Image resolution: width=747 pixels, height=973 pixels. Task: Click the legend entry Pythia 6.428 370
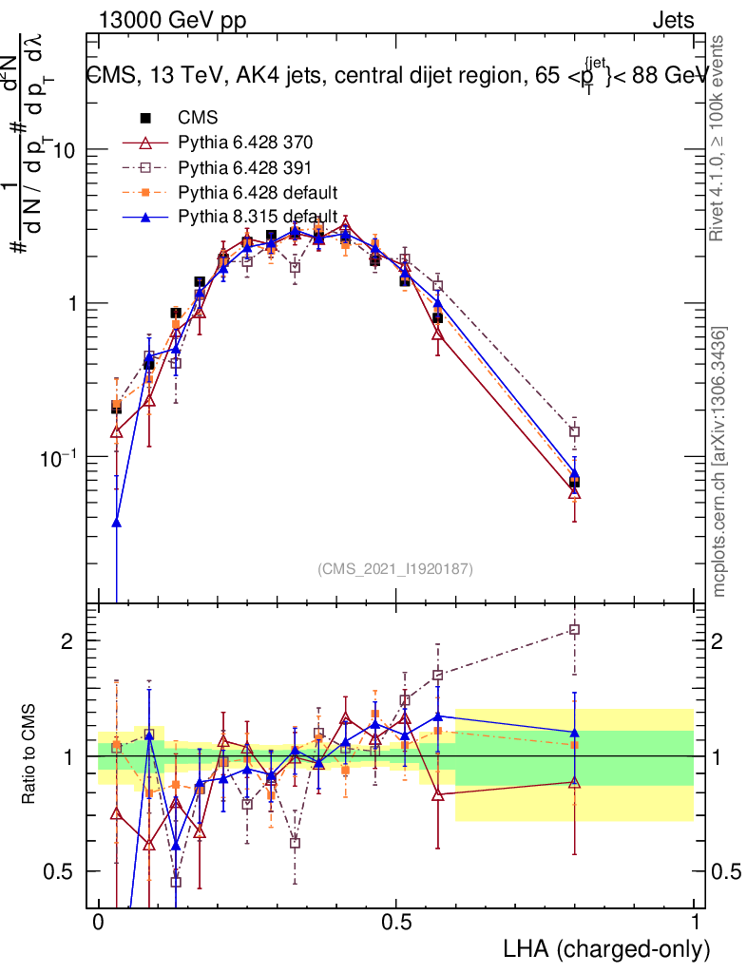pos(245,143)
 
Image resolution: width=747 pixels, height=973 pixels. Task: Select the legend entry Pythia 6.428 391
pos(245,168)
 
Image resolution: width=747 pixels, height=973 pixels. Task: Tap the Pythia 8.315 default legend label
pos(258,218)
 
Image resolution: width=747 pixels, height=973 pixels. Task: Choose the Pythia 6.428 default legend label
pos(258,193)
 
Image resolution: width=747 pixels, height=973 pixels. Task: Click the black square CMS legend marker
pos(145,119)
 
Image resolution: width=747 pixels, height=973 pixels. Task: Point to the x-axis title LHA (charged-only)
pos(605,948)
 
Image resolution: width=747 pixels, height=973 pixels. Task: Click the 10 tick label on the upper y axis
pos(63,151)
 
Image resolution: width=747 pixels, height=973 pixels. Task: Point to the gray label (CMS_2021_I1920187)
pos(395,569)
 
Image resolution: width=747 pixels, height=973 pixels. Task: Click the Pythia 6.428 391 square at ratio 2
pos(574,629)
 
